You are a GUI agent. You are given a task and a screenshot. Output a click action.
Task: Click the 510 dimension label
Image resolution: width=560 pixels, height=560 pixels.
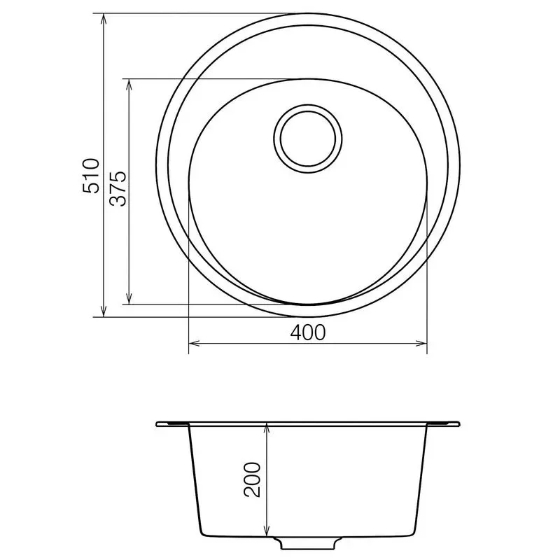pyautogui.click(x=92, y=176)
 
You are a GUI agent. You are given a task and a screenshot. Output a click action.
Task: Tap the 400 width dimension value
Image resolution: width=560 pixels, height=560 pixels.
pyautogui.click(x=308, y=332)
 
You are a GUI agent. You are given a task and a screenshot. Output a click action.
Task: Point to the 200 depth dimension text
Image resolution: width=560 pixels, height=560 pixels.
pyautogui.click(x=253, y=479)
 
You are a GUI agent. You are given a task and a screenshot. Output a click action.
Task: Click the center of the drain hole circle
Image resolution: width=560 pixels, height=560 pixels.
pyautogui.click(x=309, y=138)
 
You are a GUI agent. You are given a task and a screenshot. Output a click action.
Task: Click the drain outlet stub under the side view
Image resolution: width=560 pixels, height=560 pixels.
pyautogui.click(x=308, y=542)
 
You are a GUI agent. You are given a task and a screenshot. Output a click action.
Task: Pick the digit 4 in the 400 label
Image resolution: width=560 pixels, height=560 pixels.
pyautogui.click(x=296, y=332)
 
